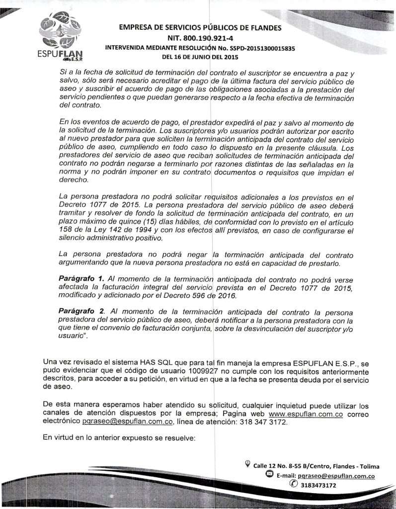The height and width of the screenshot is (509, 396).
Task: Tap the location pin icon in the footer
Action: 247,465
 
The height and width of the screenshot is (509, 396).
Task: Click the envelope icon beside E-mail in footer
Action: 269,475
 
